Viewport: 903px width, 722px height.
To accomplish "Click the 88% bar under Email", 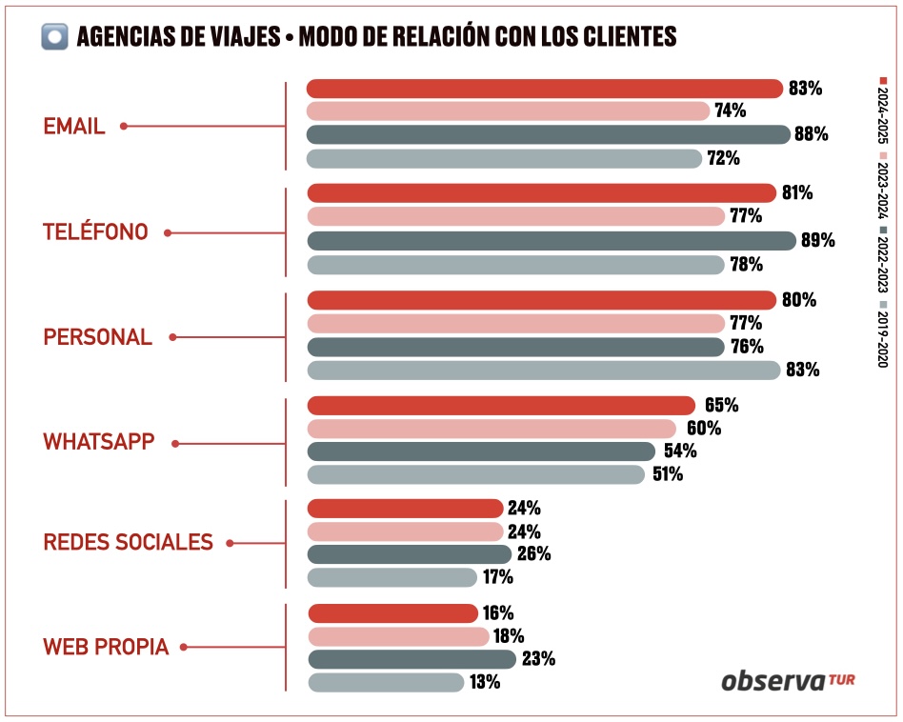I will (548, 134).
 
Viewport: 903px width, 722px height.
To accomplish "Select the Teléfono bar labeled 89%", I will (551, 240).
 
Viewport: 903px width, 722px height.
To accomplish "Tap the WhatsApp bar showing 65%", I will (501, 406).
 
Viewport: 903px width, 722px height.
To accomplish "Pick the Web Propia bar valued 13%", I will (386, 682).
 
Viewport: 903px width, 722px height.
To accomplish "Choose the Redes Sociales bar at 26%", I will (410, 553).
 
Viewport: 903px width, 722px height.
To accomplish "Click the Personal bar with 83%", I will (544, 370).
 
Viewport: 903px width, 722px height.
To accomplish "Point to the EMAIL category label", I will (73, 127).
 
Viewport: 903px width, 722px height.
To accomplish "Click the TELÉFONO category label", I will (95, 231).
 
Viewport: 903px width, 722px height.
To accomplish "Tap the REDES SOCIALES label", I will (128, 542).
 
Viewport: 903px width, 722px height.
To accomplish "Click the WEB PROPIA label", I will (106, 648).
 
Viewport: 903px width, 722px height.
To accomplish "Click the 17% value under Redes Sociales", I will (498, 576).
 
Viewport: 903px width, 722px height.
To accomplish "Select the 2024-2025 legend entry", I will (883, 110).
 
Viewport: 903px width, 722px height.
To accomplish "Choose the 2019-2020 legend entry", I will (883, 339).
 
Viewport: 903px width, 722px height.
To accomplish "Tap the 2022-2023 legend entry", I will (883, 262).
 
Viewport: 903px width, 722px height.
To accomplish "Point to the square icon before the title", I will (54, 36).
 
